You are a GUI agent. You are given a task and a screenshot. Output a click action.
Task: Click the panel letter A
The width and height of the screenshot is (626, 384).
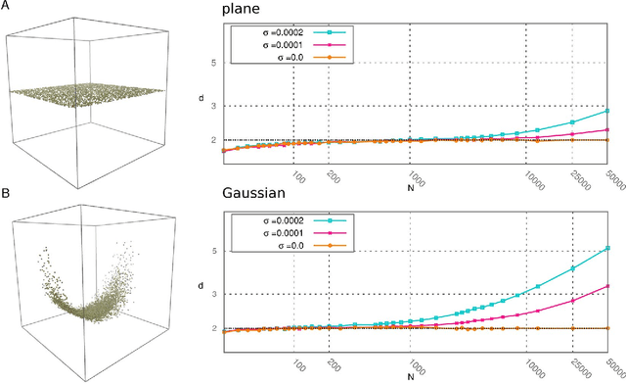click(6, 8)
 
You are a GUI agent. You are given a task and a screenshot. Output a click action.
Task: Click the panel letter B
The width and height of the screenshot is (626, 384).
click(6, 195)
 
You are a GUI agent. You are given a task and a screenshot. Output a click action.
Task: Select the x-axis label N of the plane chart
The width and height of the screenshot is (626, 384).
click(414, 183)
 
